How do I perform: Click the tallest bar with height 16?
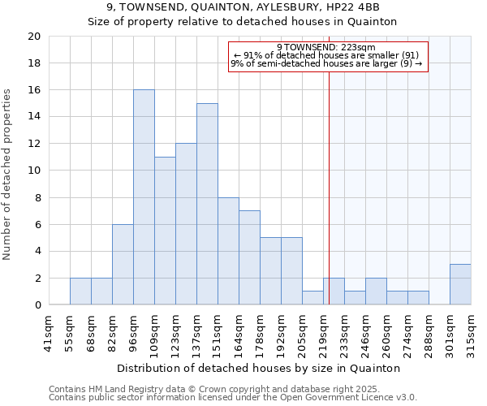[x=144, y=197]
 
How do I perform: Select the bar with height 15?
[x=207, y=204]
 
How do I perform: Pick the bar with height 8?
[x=228, y=251]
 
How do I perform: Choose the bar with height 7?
[x=249, y=257]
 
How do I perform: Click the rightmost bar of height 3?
[x=460, y=284]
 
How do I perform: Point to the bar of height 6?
[x=123, y=265]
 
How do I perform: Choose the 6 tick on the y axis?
[x=37, y=224]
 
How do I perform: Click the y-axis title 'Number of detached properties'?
[x=8, y=171]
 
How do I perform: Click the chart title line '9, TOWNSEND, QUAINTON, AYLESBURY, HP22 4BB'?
[x=243, y=7]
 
